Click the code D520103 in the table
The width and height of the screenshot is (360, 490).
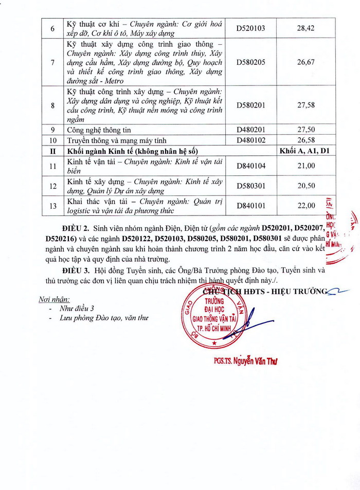point(250,28)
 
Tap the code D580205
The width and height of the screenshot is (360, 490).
point(250,62)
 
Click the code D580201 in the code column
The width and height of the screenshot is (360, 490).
point(250,105)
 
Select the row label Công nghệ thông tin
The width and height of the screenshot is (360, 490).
point(99,130)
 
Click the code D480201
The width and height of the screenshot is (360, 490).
point(250,130)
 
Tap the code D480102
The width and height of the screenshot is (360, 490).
point(250,140)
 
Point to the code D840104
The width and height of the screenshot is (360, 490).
point(250,166)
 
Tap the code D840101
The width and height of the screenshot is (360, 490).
point(250,206)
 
